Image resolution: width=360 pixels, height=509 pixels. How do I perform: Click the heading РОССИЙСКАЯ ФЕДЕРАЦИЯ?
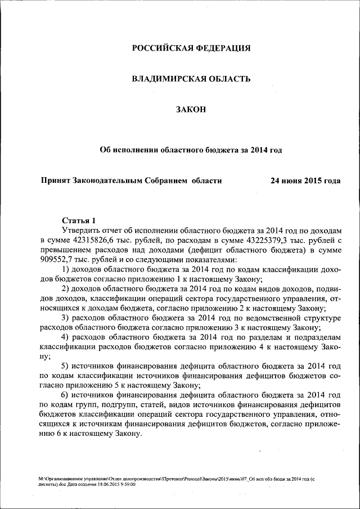click(191, 48)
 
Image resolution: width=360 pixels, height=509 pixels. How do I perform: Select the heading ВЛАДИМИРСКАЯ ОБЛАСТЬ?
click(191, 79)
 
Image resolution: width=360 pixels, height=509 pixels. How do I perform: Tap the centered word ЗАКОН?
click(191, 109)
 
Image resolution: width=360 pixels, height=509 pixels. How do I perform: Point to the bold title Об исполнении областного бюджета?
click(191, 150)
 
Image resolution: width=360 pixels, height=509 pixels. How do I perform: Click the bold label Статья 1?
click(79, 220)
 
